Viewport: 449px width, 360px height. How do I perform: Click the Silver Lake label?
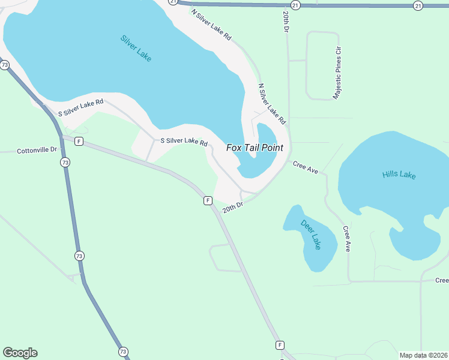136,48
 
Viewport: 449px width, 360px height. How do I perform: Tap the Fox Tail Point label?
254,148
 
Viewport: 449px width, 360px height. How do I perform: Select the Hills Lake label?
399,175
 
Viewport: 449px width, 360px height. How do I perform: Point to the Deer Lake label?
311,235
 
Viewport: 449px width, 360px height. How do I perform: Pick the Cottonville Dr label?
37,150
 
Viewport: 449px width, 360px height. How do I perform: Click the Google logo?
20,353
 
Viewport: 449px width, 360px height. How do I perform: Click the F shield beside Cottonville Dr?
79,142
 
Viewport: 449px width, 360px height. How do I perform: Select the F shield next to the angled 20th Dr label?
207,200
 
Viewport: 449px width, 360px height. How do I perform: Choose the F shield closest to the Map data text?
279,345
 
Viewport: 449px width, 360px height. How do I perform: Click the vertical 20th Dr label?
286,21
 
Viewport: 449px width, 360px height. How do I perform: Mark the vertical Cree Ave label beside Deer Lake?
346,238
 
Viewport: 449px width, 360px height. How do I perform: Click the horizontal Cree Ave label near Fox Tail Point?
305,167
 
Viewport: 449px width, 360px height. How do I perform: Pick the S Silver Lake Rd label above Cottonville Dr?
80,108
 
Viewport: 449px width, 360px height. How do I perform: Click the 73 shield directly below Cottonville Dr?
64,163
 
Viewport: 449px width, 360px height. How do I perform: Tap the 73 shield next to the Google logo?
123,352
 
